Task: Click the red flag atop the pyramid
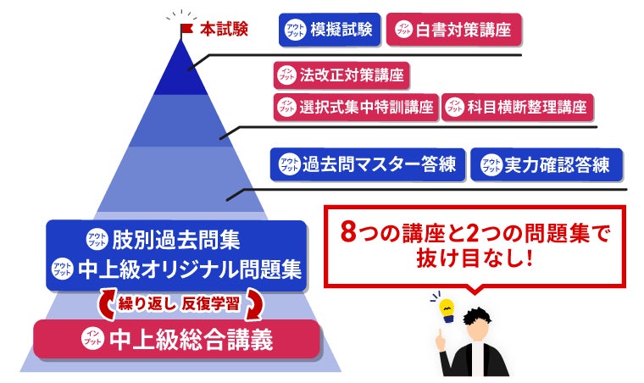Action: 186,28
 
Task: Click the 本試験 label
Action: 224,29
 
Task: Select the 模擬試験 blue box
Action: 330,29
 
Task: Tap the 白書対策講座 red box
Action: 453,29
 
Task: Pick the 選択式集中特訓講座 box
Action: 355,108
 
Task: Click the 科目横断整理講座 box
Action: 518,108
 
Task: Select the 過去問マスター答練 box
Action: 367,165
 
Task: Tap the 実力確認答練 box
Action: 546,165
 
